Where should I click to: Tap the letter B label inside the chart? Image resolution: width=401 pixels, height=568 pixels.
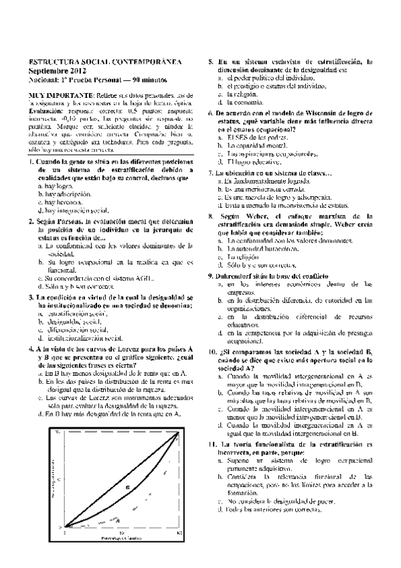[x=127, y=488]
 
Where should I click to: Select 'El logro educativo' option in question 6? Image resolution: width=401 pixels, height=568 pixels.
[x=257, y=161]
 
